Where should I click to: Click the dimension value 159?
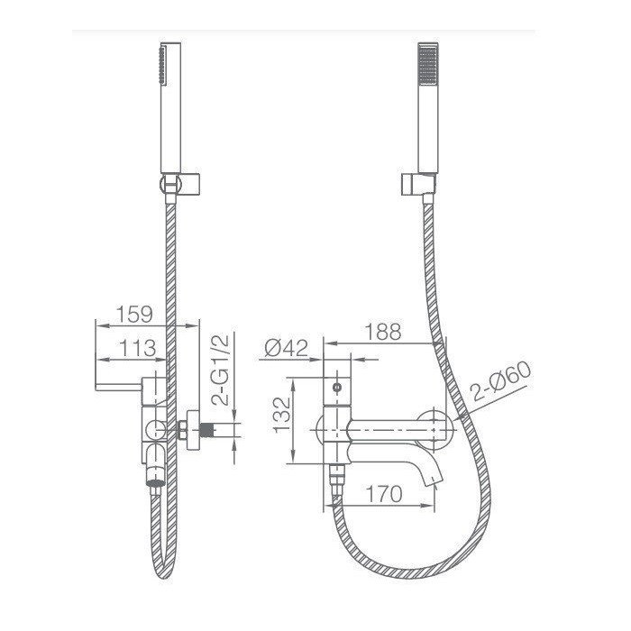(134, 314)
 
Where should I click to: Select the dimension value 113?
(137, 348)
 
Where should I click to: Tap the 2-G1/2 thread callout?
(220, 369)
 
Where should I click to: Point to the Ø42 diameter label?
(286, 348)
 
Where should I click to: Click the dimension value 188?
(383, 332)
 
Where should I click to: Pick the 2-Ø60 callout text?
(501, 381)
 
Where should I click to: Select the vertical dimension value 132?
(281, 415)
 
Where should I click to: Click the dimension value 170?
(383, 494)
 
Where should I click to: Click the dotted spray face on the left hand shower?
(162, 65)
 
